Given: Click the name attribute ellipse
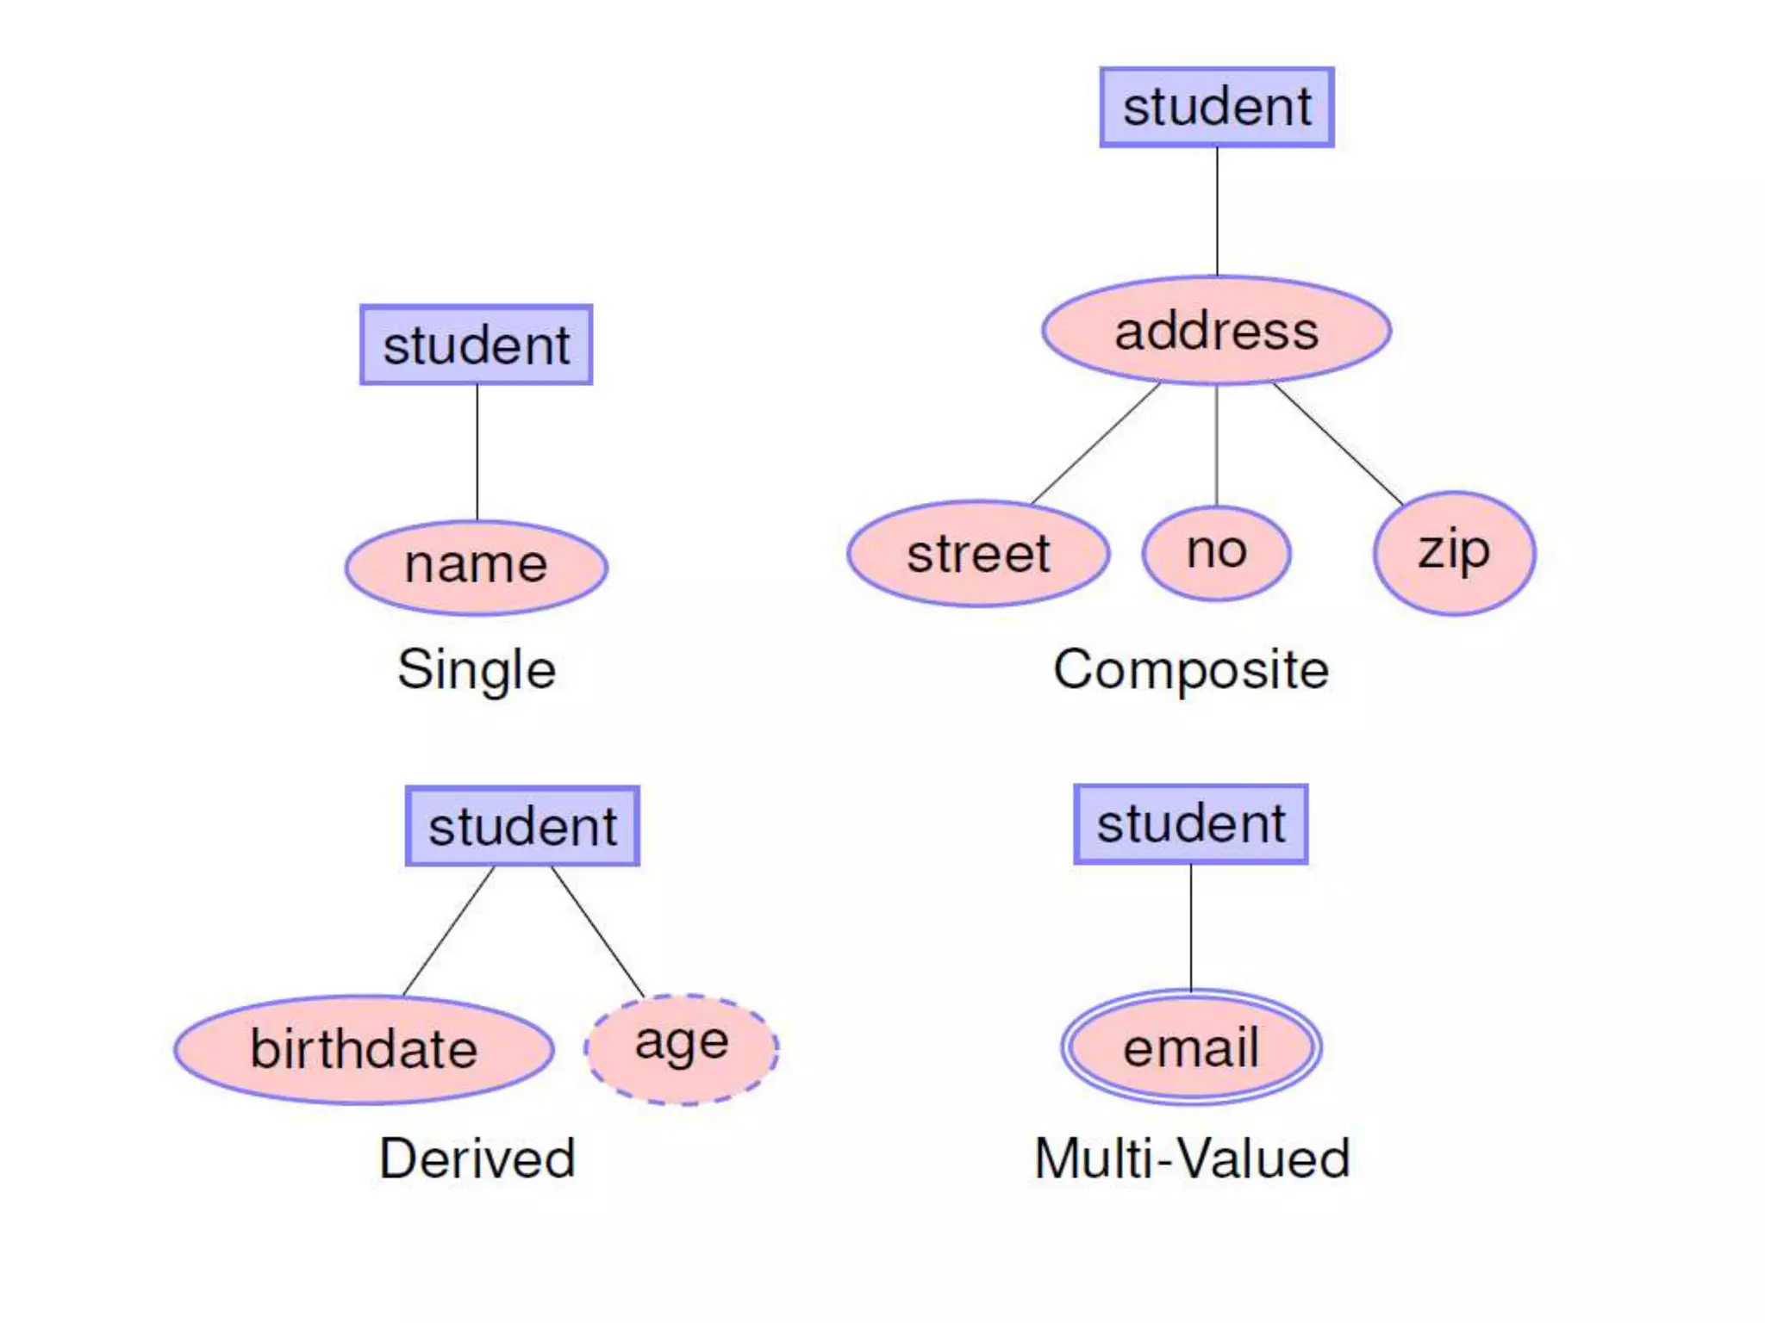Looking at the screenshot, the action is pyautogui.click(x=477, y=567).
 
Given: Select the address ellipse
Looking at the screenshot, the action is pyautogui.click(x=1216, y=331).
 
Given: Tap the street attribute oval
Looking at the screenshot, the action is pyautogui.click(x=978, y=553).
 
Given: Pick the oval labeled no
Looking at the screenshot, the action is pyautogui.click(x=1216, y=551).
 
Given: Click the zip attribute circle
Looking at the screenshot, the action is pyautogui.click(x=1454, y=552).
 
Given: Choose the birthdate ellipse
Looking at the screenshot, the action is pyautogui.click(x=364, y=1049).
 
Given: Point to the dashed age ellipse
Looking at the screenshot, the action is pyautogui.click(x=682, y=1048).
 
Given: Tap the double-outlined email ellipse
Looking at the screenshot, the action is pyautogui.click(x=1191, y=1047).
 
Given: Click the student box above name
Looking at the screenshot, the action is pyautogui.click(x=477, y=345).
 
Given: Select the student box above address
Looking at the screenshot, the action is pyautogui.click(x=1217, y=107).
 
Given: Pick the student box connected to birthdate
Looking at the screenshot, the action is pyautogui.click(x=522, y=826).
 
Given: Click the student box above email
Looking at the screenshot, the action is pyautogui.click(x=1191, y=823).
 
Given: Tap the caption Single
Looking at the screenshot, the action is pyautogui.click(x=477, y=669).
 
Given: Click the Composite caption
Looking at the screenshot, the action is pyautogui.click(x=1191, y=669).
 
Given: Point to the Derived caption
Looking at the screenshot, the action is pyautogui.click(x=477, y=1158).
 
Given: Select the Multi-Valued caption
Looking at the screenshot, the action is pyautogui.click(x=1191, y=1158).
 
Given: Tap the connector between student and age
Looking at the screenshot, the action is pyautogui.click(x=597, y=931).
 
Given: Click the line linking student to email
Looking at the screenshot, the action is pyautogui.click(x=1191, y=927).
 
